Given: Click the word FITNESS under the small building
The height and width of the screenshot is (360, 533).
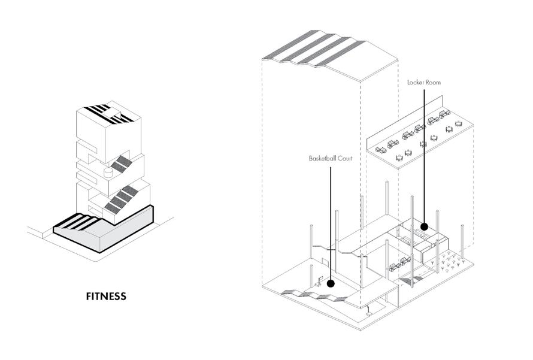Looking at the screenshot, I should [106, 296].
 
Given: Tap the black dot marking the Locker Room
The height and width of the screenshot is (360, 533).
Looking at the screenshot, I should [424, 226].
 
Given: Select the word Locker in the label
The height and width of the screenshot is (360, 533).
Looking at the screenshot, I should [416, 82].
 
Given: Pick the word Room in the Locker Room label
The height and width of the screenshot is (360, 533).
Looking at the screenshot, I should [433, 82].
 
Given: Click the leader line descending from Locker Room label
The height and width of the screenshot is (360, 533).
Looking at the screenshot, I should [424, 156].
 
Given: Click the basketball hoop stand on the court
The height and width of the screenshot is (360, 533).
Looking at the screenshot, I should [320, 280].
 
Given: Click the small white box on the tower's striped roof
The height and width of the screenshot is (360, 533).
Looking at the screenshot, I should [111, 112].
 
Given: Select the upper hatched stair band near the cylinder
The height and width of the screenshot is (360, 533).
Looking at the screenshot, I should [123, 163].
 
